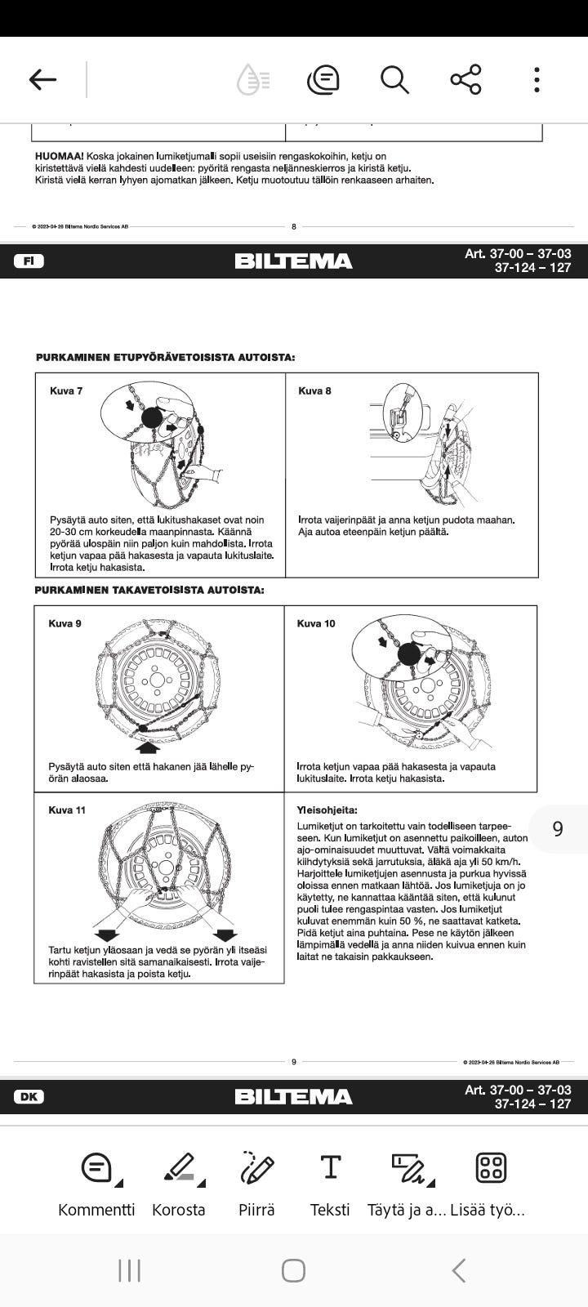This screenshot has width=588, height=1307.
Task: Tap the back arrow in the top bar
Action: coord(42,79)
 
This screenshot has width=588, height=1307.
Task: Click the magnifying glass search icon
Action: coord(394,79)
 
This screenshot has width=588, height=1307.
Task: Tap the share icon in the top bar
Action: coord(465,79)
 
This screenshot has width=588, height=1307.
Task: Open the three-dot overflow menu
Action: coord(537,79)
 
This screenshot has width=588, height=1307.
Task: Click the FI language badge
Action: coord(29,261)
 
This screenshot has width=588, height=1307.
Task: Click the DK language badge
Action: coord(29,1097)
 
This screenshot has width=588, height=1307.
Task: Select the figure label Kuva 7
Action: coord(66,391)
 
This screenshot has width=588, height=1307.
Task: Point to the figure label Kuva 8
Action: coord(315,391)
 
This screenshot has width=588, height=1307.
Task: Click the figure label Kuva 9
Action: coord(65,624)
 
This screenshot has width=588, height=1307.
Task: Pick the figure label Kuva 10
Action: coord(316,624)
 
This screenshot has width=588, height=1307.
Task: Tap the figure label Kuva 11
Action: coord(67,810)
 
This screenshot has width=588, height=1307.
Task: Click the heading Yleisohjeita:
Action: coord(327,810)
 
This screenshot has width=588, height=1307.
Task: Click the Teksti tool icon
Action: coord(330,1168)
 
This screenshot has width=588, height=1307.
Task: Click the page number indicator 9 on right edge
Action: coord(558,828)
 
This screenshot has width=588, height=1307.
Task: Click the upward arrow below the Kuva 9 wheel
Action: coord(148,747)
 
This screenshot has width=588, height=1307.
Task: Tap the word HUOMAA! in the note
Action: coord(59,156)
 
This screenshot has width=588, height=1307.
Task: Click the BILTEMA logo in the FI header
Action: coord(293,261)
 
